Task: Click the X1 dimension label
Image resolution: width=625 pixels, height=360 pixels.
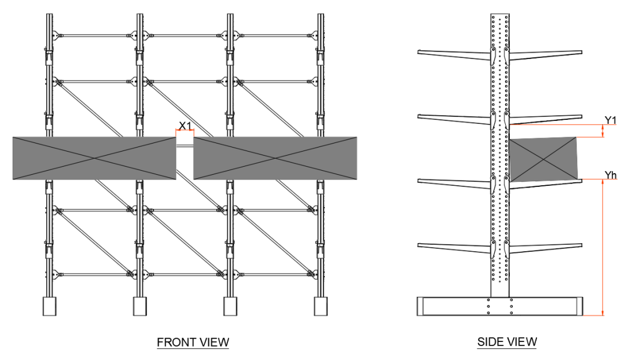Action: pyautogui.click(x=185, y=124)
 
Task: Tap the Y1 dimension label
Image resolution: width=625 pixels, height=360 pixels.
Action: pyautogui.click(x=610, y=120)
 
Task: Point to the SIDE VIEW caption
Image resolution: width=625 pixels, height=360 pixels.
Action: pyautogui.click(x=506, y=343)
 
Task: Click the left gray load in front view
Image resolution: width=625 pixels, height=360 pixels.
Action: pyautogui.click(x=94, y=158)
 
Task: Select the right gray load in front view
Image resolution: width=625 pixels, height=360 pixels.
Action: pyautogui.click(x=275, y=158)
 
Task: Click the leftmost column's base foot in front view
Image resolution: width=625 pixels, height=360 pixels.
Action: pyautogui.click(x=50, y=306)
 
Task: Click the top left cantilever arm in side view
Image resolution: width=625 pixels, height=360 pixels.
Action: pyautogui.click(x=454, y=54)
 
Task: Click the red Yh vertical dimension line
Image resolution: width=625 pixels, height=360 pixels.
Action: pyautogui.click(x=603, y=249)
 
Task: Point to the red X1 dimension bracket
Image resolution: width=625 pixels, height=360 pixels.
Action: pyautogui.click(x=185, y=131)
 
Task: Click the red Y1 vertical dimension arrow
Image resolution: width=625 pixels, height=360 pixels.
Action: pyautogui.click(x=603, y=131)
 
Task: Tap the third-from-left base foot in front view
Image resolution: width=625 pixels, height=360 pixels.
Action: pyautogui.click(x=230, y=306)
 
